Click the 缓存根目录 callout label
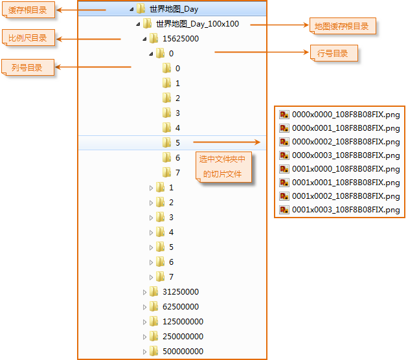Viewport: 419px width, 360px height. [27, 10]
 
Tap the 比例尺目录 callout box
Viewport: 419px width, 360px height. [28, 38]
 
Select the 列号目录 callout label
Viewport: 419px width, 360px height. [27, 67]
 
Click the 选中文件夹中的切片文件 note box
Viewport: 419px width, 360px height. [223, 166]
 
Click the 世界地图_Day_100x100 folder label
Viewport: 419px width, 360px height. [197, 24]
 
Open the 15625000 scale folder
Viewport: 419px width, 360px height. [180, 39]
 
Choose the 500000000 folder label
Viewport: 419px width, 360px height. [183, 352]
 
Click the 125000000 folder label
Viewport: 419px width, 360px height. [183, 322]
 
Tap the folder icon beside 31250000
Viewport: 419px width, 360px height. [153, 292]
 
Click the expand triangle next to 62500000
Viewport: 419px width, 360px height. [145, 307]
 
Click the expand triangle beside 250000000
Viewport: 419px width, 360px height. [145, 337]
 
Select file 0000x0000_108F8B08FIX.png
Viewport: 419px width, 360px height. [345, 114]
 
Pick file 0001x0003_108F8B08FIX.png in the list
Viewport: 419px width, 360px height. [345, 210]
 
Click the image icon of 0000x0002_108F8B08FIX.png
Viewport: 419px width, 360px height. [284, 141]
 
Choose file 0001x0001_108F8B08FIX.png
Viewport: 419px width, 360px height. [345, 183]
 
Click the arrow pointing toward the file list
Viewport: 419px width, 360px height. [227, 142]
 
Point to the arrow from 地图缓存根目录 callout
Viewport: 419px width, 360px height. [278, 25]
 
